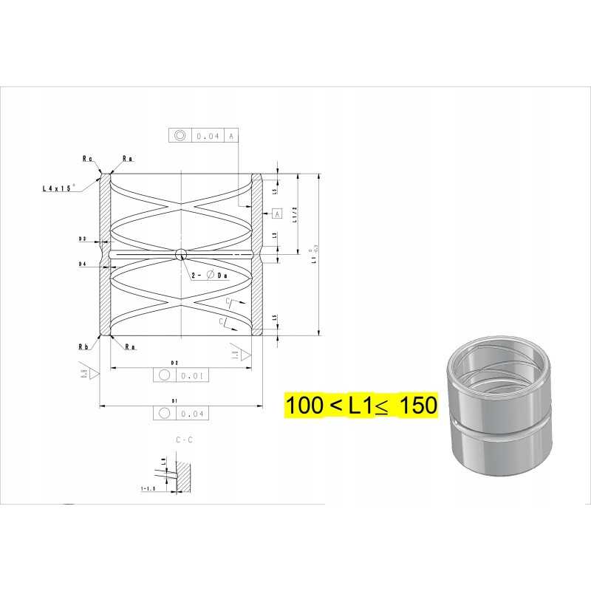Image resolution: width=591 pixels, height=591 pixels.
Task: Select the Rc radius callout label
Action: click(87, 158)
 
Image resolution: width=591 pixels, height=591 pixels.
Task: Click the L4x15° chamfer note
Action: click(59, 189)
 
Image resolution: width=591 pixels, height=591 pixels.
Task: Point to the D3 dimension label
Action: click(83, 239)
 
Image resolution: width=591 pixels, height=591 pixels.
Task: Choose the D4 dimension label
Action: click(83, 264)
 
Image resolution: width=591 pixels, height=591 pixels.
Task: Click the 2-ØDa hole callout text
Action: click(210, 275)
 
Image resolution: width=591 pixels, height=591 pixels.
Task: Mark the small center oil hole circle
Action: click(180, 254)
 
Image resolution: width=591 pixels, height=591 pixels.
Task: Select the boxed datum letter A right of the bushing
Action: click(277, 213)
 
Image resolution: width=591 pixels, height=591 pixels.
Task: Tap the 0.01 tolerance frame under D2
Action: click(181, 375)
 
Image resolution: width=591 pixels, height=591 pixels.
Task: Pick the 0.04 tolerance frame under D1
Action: click(181, 414)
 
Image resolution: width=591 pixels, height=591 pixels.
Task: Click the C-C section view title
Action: click(184, 440)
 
